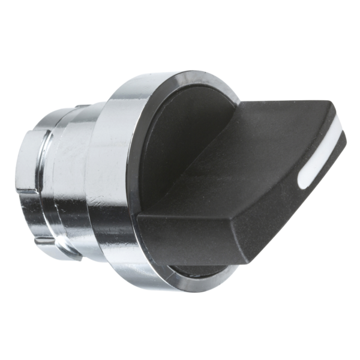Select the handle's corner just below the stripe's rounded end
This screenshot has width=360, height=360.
(x=298, y=195)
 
